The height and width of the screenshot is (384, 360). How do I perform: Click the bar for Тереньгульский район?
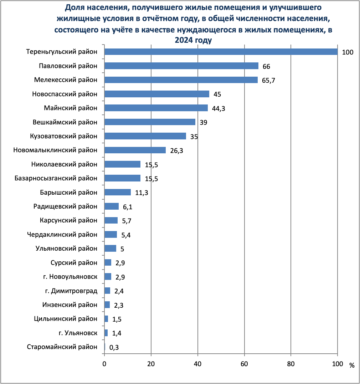(221, 52)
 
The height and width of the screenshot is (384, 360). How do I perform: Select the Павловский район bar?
(181, 66)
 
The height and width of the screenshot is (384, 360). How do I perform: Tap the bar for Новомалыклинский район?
(135, 150)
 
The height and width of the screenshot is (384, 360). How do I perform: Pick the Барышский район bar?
(117, 193)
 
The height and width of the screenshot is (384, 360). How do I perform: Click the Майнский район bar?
(156, 108)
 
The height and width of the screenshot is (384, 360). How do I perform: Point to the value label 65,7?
(268, 80)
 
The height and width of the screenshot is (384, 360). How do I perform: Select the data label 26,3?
(177, 150)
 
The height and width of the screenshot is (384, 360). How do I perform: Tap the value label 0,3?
(114, 347)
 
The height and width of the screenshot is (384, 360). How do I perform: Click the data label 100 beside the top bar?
(347, 52)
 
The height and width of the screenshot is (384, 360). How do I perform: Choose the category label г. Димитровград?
(71, 291)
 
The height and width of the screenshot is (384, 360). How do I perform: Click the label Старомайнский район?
(62, 347)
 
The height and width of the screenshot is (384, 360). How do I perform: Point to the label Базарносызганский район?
(56, 178)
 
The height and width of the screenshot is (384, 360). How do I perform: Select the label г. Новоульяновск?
(73, 277)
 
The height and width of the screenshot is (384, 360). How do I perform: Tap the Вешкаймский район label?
(65, 122)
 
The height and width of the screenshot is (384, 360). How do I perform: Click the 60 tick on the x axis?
(244, 364)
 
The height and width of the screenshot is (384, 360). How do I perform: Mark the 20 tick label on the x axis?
(151, 364)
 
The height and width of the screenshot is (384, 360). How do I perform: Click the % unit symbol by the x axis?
(352, 365)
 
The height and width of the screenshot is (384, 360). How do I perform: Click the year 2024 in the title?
(183, 40)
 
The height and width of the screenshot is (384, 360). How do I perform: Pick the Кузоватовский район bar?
(145, 136)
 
